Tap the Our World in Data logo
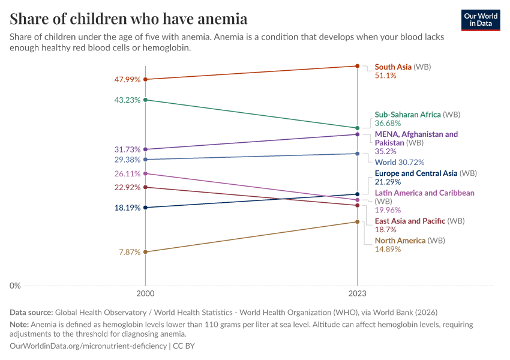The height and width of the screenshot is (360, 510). point(481,20)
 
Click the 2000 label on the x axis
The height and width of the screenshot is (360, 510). point(145,295)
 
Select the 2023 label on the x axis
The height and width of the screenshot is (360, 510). point(358,295)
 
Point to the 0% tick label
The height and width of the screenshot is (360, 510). point(15,286)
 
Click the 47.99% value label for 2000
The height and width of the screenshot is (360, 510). point(127,79)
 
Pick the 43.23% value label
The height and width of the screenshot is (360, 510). point(127,100)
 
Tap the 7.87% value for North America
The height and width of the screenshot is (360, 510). point(130,252)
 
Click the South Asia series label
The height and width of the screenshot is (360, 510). point(393,67)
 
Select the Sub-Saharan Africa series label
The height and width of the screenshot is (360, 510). point(408,114)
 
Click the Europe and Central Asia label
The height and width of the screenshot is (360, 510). point(416,173)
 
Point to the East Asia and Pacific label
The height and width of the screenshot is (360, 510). point(410,221)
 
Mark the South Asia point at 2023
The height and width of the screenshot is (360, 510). point(358,65)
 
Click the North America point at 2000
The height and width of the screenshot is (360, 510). point(145,252)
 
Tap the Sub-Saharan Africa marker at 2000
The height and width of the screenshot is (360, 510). point(145,100)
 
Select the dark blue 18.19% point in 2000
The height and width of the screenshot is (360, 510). point(145,208)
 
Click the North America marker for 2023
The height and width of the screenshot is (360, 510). point(358,221)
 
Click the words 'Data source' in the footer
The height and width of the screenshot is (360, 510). point(31,313)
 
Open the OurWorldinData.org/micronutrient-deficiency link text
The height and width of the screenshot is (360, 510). point(88,346)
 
